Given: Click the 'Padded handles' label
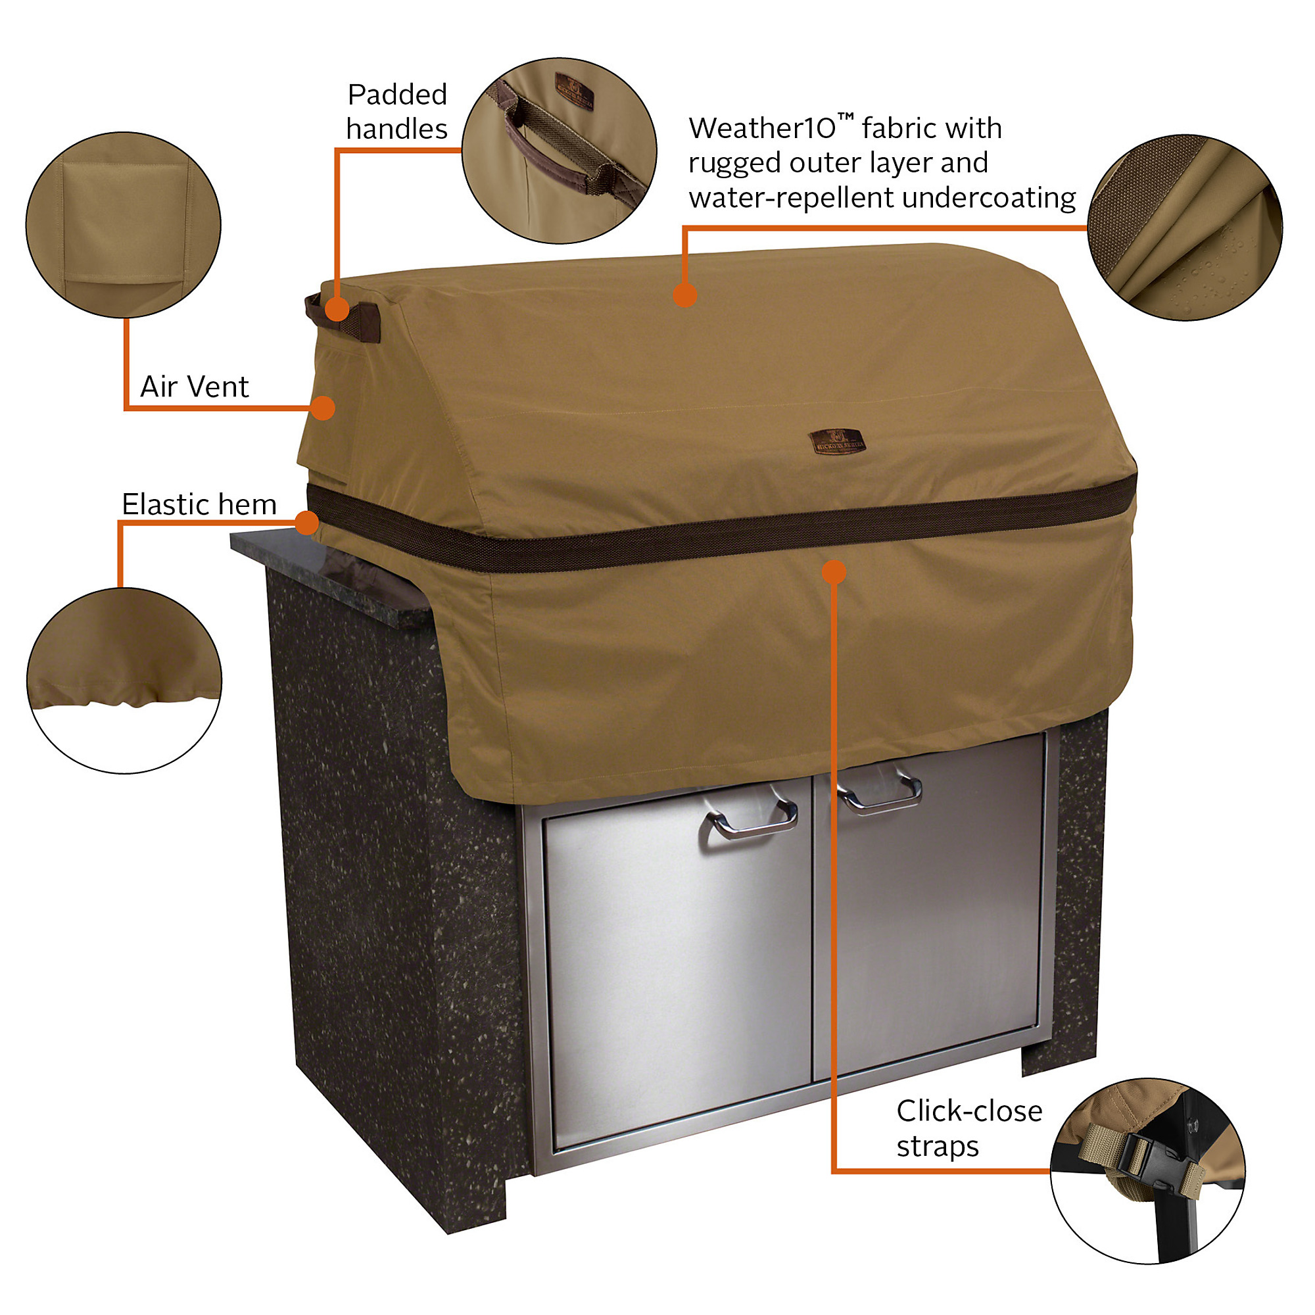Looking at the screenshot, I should pos(397,112).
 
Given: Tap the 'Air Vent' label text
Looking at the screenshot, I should pos(194,387).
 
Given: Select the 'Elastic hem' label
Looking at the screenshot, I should pos(199,504).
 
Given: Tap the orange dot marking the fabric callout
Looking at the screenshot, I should pos(684,295).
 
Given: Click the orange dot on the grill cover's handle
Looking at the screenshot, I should pos(337,309).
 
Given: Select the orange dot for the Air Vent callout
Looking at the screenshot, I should pos(323,408).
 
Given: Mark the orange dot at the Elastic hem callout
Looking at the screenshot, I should pos(308,523).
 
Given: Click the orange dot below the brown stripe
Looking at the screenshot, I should pos(834,572).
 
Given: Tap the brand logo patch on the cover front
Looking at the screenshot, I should pos(836,442).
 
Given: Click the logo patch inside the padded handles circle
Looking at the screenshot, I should pos(573,91).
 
